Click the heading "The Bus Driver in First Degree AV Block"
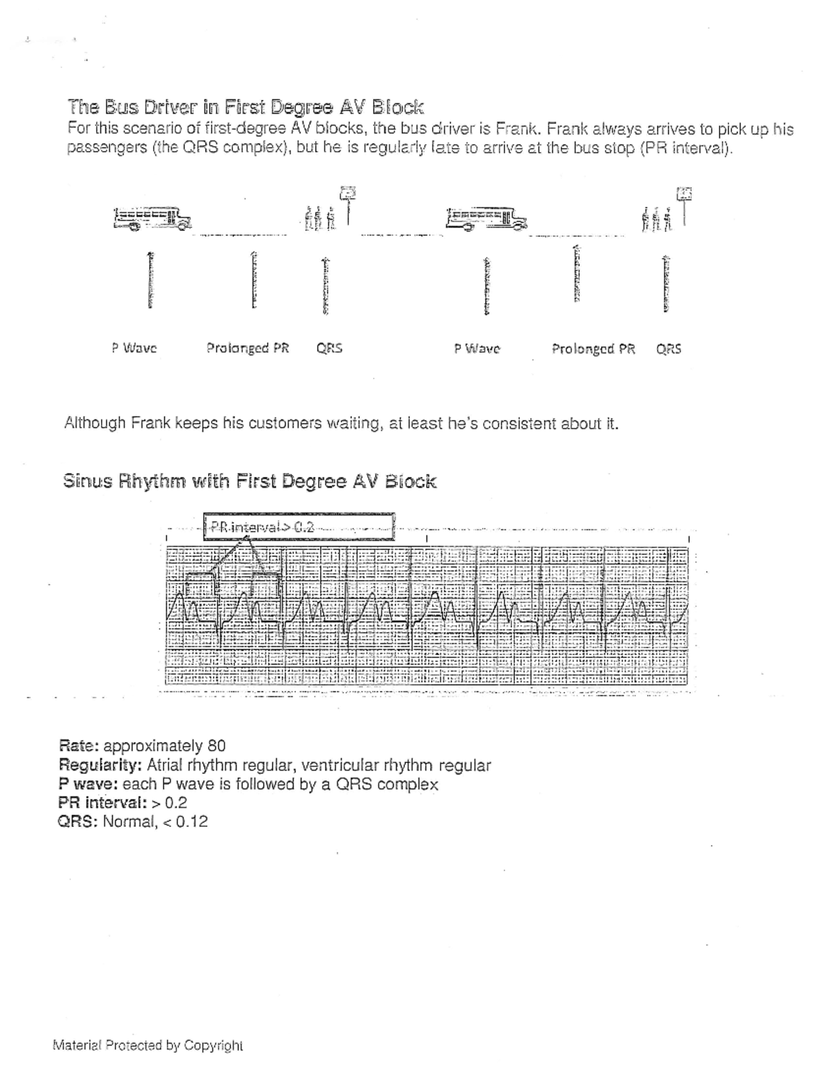point(245,107)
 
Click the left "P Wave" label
point(134,348)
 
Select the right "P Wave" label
point(477,348)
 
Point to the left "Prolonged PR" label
point(248,348)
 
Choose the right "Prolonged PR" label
point(594,348)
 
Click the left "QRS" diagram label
point(329,348)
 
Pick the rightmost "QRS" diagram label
point(669,348)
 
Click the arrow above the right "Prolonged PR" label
point(576,274)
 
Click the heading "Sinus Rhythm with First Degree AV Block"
point(250,481)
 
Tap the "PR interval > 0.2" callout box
point(299,526)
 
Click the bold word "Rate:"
point(80,746)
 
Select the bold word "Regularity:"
point(102,766)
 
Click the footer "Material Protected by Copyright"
point(148,1045)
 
